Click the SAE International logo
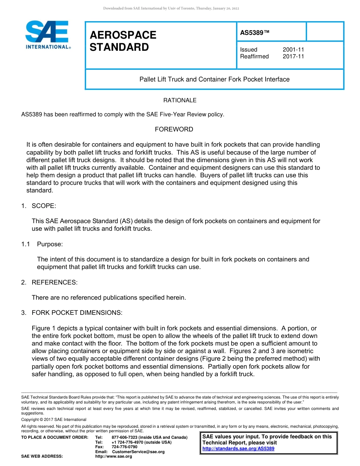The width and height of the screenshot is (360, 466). pyautogui.click(x=47, y=35)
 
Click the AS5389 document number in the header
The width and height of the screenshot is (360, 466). pyautogui.click(x=255, y=33)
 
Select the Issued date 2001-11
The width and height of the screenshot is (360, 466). pyautogui.click(x=293, y=50)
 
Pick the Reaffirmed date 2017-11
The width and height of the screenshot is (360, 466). pyautogui.click(x=293, y=56)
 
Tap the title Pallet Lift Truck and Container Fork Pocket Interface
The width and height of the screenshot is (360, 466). pyautogui.click(x=214, y=80)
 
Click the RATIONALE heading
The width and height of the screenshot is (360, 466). pyautogui.click(x=180, y=100)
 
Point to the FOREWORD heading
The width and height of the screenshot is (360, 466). pyautogui.click(x=174, y=130)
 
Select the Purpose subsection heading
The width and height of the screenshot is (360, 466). pyautogui.click(x=50, y=244)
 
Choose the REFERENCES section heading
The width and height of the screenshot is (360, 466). pyautogui.click(x=54, y=282)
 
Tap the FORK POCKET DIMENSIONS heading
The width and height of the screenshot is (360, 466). pyautogui.click(x=77, y=313)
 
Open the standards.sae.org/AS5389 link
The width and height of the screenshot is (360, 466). pyautogui.click(x=238, y=449)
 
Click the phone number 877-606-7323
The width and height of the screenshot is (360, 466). pyautogui.click(x=128, y=438)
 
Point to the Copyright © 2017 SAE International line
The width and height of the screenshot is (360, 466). pyautogui.click(x=54, y=420)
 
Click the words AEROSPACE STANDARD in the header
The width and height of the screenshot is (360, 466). pyautogui.click(x=123, y=41)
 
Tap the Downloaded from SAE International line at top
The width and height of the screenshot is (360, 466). pyautogui.click(x=171, y=8)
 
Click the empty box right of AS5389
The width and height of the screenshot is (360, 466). pyautogui.click(x=325, y=31)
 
